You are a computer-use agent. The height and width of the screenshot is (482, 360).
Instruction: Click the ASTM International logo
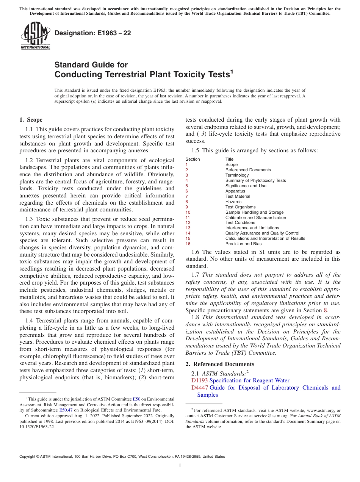tap(35, 36)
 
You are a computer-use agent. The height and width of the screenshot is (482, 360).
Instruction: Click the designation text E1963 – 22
tap(93, 33)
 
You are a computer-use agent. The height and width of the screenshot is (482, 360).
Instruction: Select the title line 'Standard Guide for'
tap(91, 65)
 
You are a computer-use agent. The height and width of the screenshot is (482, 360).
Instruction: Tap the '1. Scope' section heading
tap(31, 120)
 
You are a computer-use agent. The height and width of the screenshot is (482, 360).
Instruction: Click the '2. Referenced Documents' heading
tap(214, 364)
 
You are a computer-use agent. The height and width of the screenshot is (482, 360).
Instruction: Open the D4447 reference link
tap(200, 388)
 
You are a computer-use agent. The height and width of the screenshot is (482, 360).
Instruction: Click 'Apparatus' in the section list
tap(235, 191)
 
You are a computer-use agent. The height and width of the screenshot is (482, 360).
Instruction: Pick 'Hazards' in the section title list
tap(233, 202)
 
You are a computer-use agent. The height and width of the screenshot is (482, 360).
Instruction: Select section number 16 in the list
tap(188, 244)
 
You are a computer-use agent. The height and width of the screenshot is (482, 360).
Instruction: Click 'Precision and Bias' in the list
tap(243, 244)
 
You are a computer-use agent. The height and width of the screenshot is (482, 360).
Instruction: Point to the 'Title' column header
tap(229, 159)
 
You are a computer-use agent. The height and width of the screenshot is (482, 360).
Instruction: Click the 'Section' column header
tap(193, 159)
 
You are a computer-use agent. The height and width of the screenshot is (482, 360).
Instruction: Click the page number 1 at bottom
tap(180, 466)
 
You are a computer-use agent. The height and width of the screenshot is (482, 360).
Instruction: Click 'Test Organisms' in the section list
tap(240, 207)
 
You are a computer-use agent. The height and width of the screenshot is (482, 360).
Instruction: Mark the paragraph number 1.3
tap(29, 219)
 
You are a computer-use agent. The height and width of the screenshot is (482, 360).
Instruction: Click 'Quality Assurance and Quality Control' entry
tap(262, 233)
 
